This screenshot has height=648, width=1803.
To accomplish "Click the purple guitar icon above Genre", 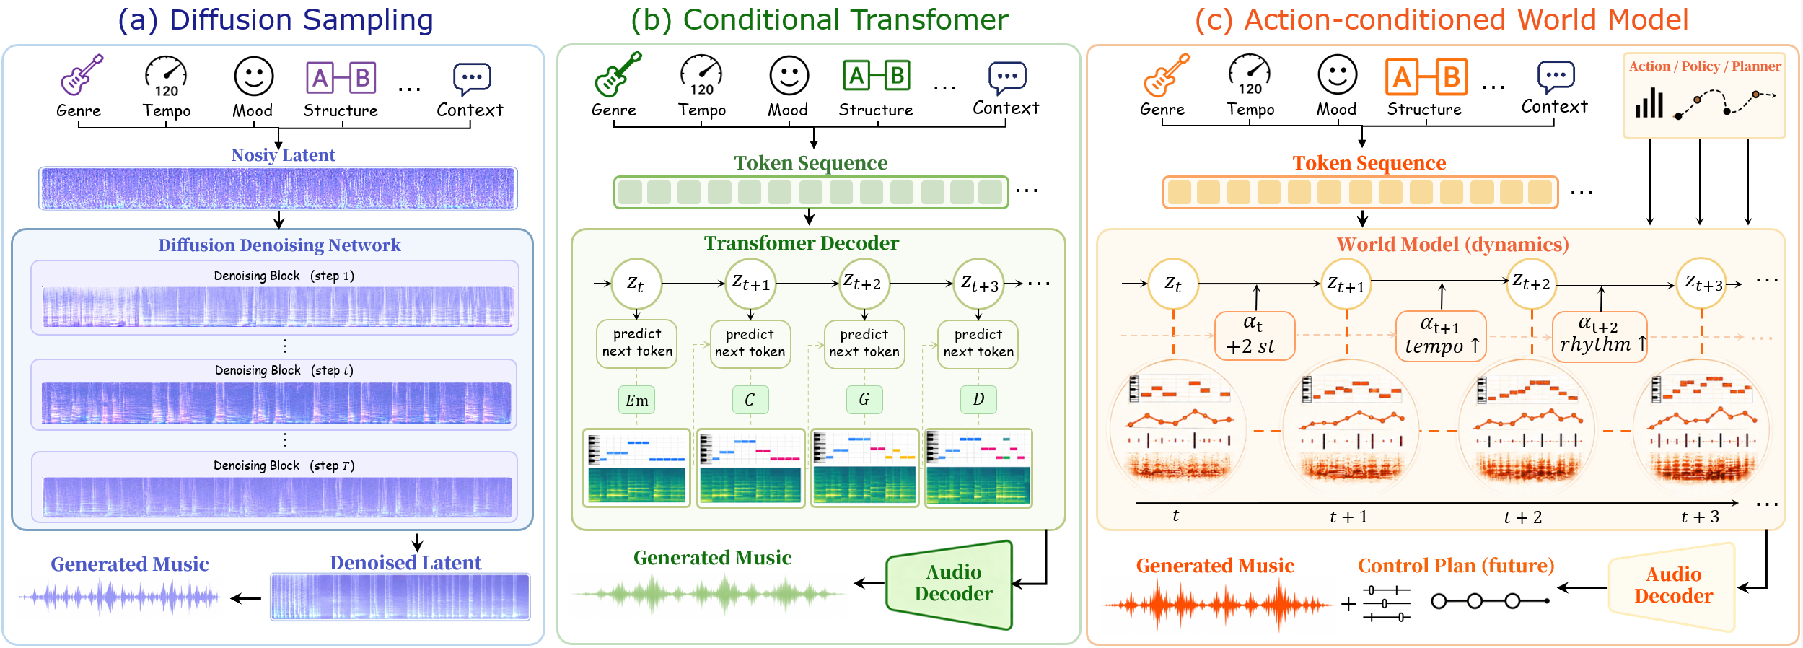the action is tap(81, 75).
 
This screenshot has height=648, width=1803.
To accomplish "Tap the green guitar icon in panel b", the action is tap(618, 74).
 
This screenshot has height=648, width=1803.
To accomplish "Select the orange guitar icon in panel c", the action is tap(1166, 75).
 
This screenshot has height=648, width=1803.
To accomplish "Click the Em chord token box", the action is tap(636, 400).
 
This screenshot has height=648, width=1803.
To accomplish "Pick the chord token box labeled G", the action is tap(864, 399).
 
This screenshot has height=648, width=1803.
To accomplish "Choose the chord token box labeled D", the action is tap(978, 399).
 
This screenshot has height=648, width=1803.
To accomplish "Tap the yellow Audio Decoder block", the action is tap(1672, 586).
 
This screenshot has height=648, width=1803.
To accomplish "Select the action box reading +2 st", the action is tap(1255, 336).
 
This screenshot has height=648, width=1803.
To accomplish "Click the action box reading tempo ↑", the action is tap(1441, 336).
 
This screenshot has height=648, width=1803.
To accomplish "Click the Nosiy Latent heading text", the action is tap(283, 155).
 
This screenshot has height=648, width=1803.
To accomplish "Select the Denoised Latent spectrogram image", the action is tap(400, 597).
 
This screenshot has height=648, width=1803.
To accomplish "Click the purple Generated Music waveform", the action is tap(120, 597).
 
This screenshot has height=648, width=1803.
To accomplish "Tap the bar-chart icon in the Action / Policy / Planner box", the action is tap(1649, 102).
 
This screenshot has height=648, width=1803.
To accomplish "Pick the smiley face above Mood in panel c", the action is tap(1337, 75).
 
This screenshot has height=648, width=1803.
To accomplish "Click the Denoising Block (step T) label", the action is tap(284, 465).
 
